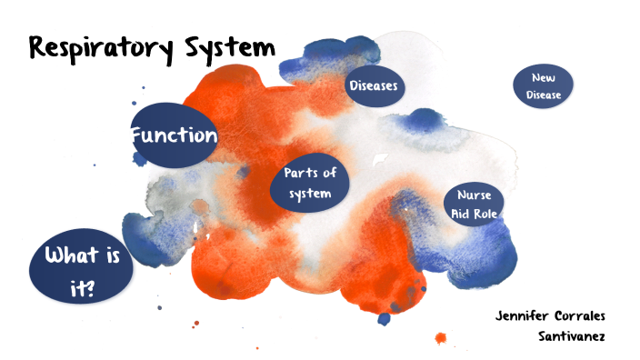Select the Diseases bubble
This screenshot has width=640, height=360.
[x=375, y=86]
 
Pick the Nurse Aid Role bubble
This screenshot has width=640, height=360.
[x=474, y=205]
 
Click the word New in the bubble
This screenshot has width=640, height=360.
[x=544, y=78]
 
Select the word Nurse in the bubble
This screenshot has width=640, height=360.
[x=474, y=195]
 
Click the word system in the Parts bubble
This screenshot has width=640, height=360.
[x=310, y=194]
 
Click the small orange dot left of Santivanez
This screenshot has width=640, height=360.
[x=441, y=338]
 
